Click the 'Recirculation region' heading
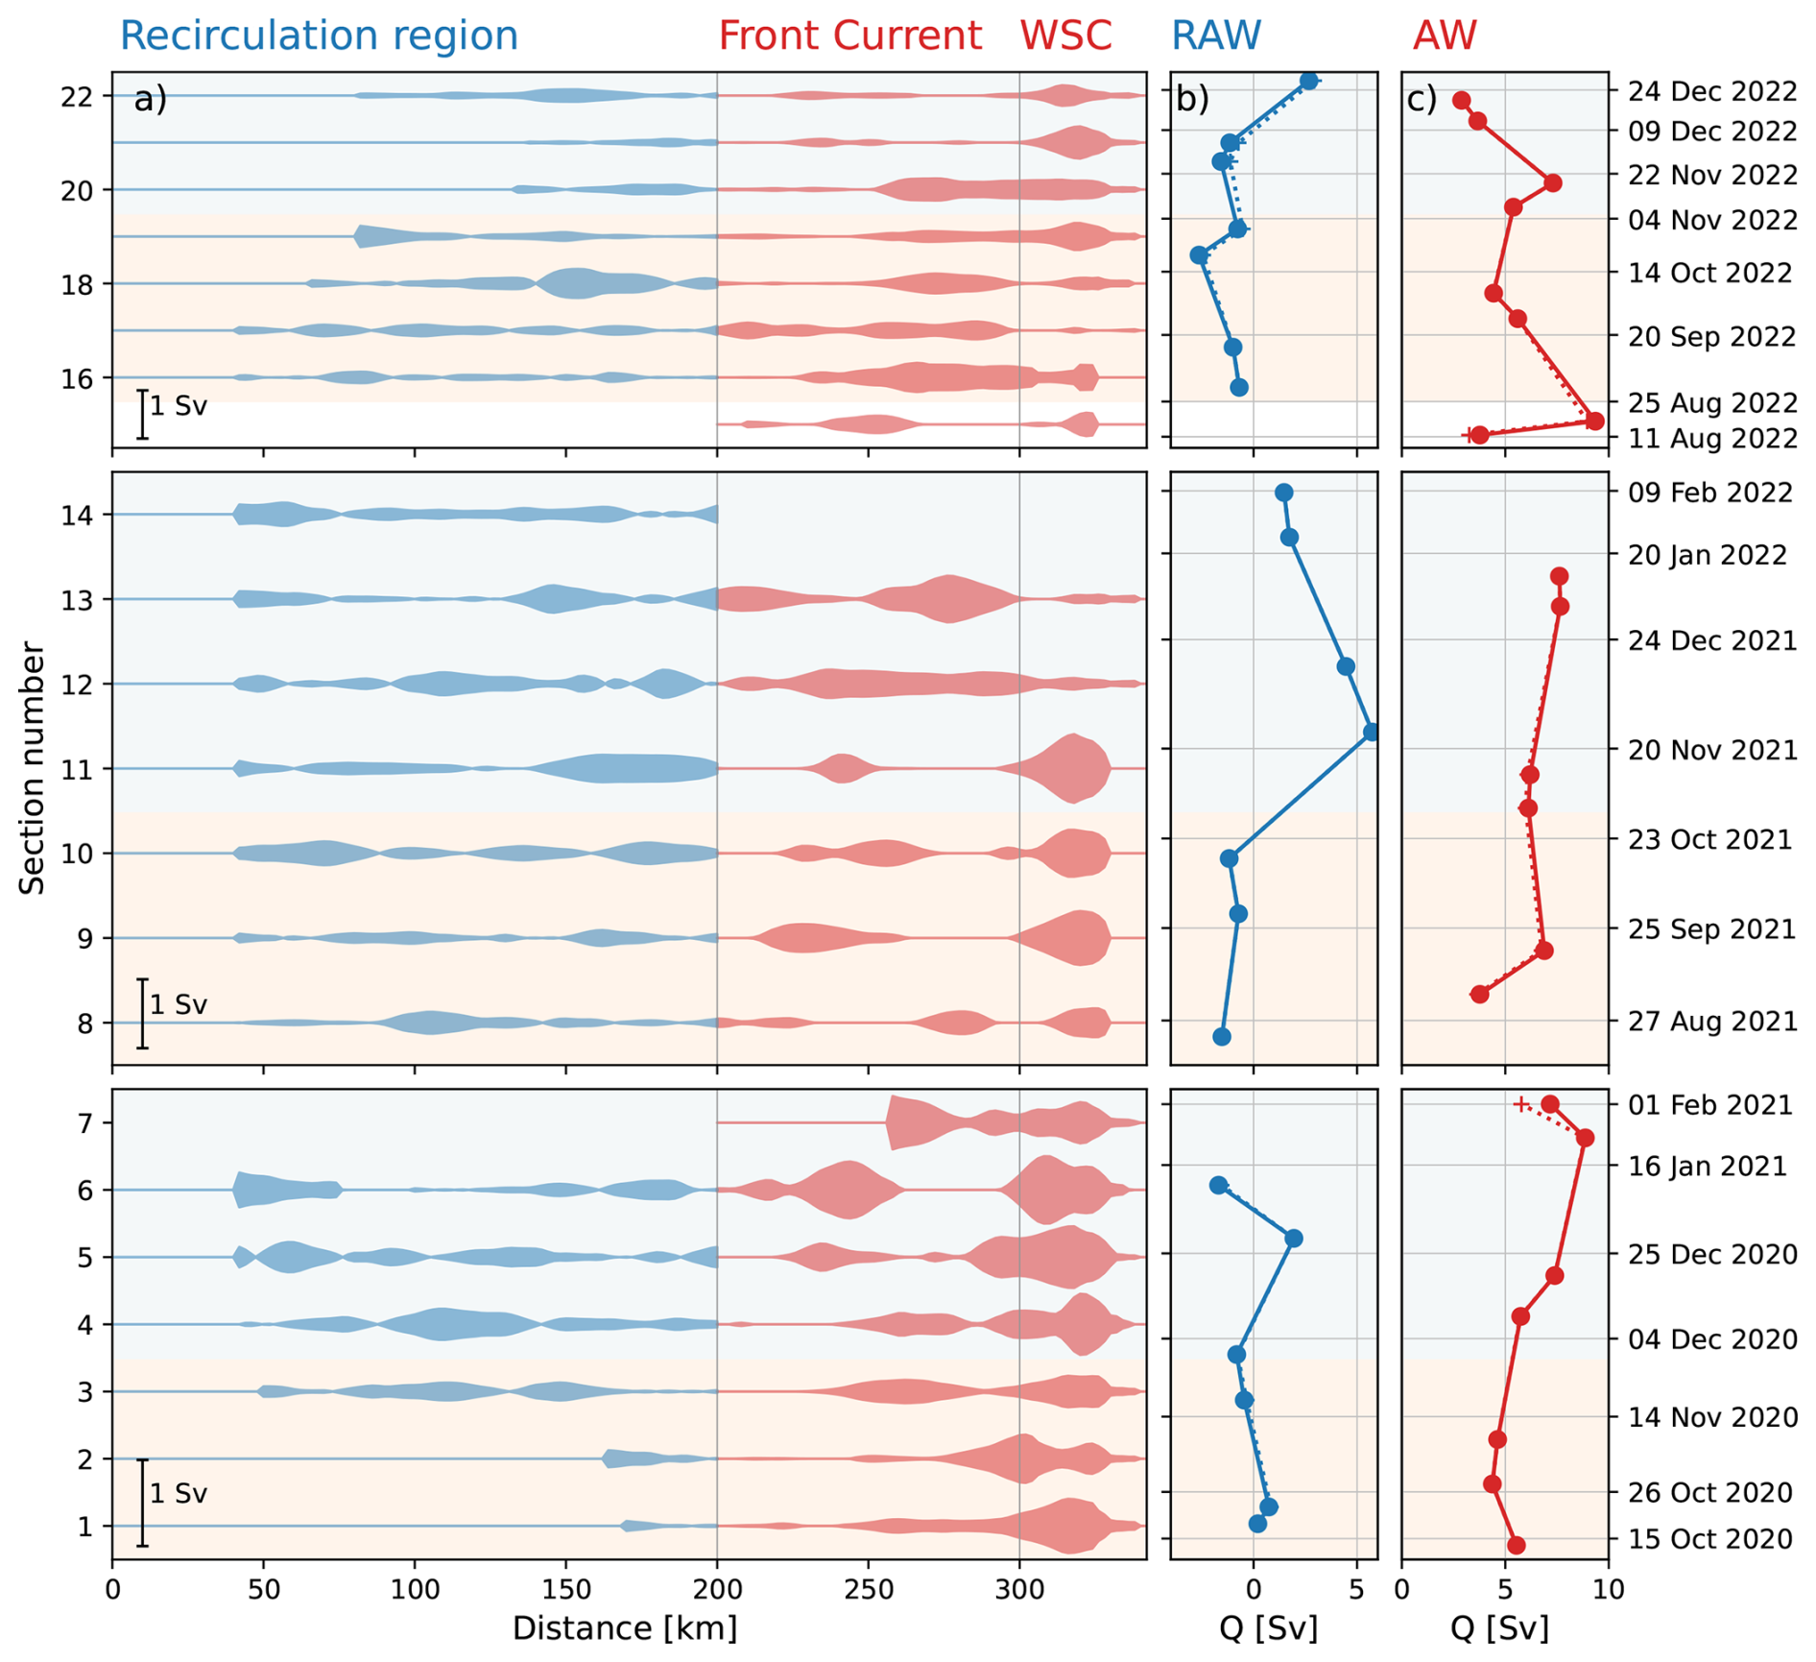click(319, 36)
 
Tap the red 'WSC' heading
click(1065, 36)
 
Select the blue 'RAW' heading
click(1215, 36)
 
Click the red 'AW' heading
click(1445, 36)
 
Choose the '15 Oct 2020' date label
click(1710, 1539)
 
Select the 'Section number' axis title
click(33, 768)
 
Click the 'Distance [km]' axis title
click(625, 1628)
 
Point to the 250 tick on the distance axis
click(869, 1589)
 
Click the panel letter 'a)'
click(151, 99)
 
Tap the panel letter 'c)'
click(1422, 99)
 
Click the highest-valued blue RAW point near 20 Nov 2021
click(1372, 733)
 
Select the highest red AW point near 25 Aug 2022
click(1594, 421)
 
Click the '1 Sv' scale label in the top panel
click(179, 406)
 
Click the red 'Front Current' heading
click(849, 36)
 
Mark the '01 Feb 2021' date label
click(1710, 1104)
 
